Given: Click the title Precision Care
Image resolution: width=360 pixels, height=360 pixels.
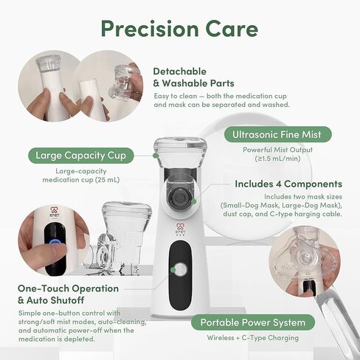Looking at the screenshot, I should point(179,29).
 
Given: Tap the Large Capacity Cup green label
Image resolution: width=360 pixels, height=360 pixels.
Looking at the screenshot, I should point(81,156).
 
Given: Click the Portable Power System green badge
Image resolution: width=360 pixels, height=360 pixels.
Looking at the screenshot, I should point(253,322).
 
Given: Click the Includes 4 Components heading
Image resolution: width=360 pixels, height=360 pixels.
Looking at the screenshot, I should point(288,184).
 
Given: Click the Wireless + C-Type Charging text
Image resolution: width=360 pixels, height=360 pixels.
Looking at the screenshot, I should point(253,338).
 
